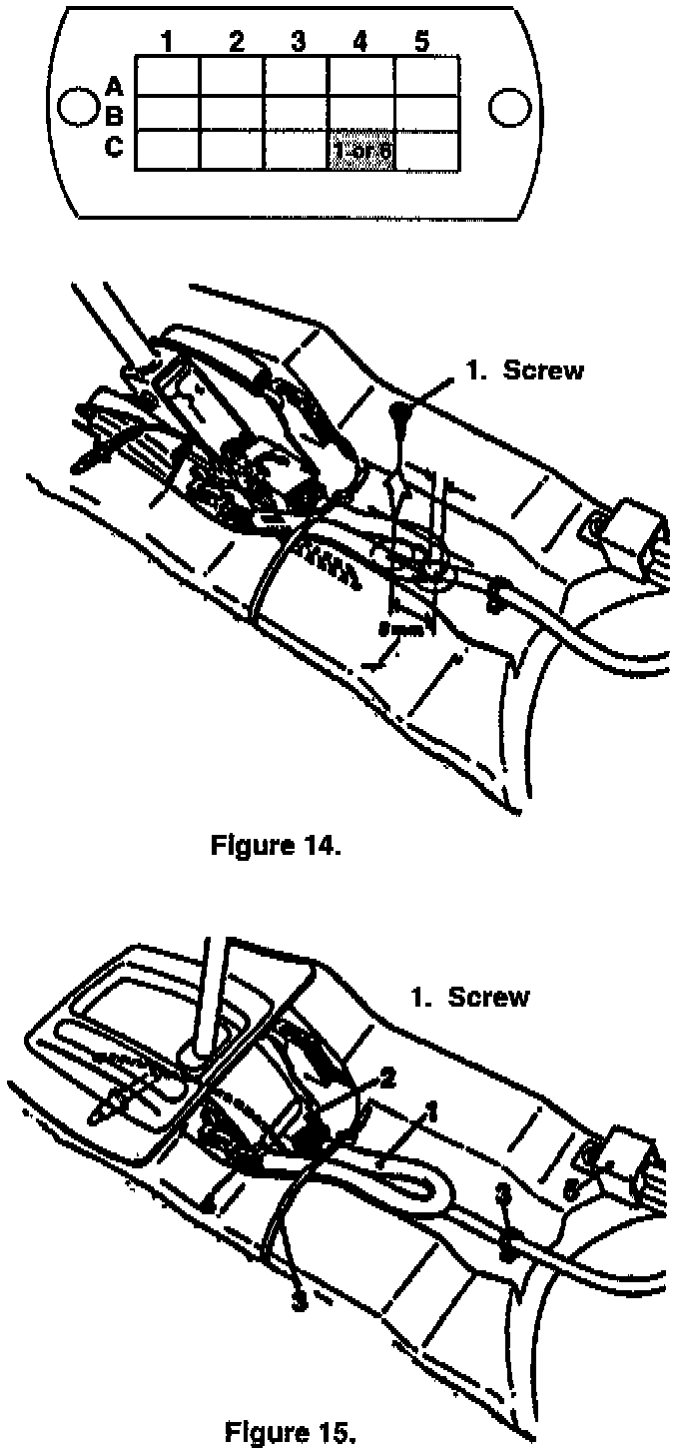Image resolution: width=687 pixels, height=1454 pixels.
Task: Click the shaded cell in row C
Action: point(361,151)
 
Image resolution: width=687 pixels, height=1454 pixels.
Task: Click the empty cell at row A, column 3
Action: point(297,76)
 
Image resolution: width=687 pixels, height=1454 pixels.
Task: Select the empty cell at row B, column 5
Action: point(427,113)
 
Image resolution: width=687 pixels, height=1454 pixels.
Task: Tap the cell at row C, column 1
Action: point(168,151)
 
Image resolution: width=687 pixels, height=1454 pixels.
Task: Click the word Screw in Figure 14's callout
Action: point(543,370)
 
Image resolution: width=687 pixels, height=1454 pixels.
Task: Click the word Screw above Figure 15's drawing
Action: point(488,998)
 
